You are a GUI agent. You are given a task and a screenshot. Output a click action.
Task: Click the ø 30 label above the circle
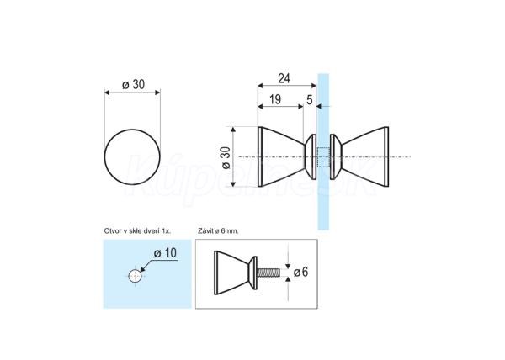(x=133, y=85)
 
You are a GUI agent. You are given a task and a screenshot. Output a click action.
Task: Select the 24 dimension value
(x=284, y=78)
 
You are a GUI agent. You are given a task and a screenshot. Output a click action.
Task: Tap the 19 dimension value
(x=275, y=100)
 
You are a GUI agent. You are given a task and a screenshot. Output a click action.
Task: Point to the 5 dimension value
(x=309, y=100)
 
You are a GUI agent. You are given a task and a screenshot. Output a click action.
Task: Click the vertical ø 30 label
(x=226, y=157)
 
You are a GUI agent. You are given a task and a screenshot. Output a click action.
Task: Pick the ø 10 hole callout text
(x=165, y=253)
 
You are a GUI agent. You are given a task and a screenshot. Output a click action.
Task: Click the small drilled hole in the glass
(x=135, y=276)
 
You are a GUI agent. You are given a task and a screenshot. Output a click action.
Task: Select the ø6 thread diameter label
(x=300, y=273)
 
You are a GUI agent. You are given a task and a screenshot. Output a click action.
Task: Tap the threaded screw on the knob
(x=268, y=273)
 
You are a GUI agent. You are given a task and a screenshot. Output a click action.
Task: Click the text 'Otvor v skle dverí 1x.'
(x=137, y=231)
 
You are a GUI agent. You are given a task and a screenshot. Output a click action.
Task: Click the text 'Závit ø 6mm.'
(x=218, y=231)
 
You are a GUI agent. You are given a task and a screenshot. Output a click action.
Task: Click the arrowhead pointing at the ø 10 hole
(x=143, y=269)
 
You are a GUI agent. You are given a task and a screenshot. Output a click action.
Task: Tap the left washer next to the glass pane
(x=311, y=156)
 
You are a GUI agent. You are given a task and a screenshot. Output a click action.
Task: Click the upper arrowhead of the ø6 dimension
(x=288, y=266)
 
